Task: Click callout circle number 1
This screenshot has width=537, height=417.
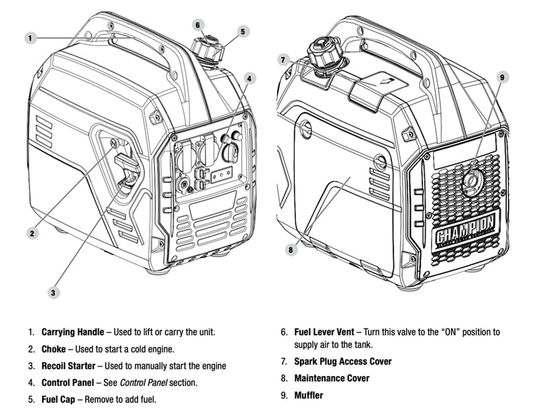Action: (x=30, y=38)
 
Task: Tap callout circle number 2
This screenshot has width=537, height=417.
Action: (x=31, y=233)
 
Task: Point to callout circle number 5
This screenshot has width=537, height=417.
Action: (x=243, y=31)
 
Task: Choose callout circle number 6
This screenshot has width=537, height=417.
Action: (x=197, y=25)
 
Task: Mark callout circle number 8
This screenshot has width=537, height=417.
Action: (x=290, y=250)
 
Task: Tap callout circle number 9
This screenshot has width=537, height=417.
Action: (x=501, y=77)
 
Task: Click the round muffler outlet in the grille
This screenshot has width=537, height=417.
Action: (x=472, y=179)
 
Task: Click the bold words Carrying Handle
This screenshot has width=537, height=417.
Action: (x=72, y=332)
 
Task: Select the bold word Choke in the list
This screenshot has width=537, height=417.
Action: (x=53, y=349)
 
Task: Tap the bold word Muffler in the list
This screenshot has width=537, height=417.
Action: (x=308, y=395)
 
